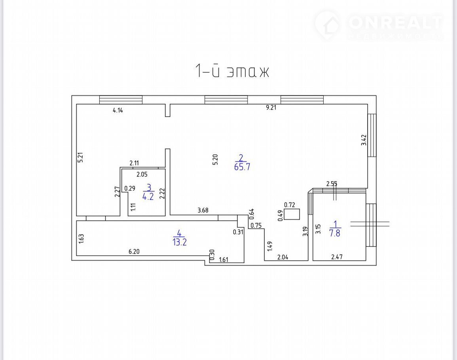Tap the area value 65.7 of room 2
(x=242, y=167)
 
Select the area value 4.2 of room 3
(x=148, y=197)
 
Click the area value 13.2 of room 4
(x=180, y=242)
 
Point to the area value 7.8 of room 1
(x=335, y=233)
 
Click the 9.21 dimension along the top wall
(x=271, y=108)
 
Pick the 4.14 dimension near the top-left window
(x=118, y=110)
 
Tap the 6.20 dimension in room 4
(x=134, y=251)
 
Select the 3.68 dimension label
(x=203, y=210)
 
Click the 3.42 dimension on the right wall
(x=364, y=140)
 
